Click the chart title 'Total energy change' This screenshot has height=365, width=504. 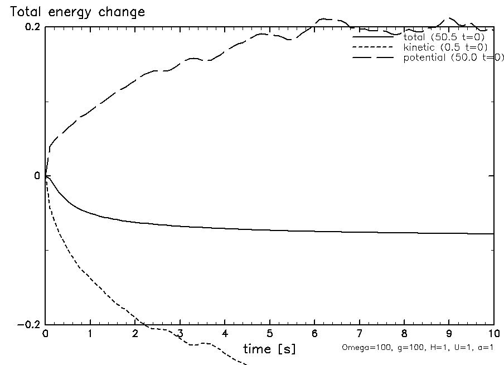coord(74,12)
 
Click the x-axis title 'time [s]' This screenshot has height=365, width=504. coord(269,349)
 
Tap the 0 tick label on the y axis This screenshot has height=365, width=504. coord(37,176)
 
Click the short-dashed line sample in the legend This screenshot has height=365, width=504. coord(374,47)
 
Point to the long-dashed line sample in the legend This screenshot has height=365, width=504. coord(374,58)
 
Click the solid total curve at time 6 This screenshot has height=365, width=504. coord(314,230)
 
